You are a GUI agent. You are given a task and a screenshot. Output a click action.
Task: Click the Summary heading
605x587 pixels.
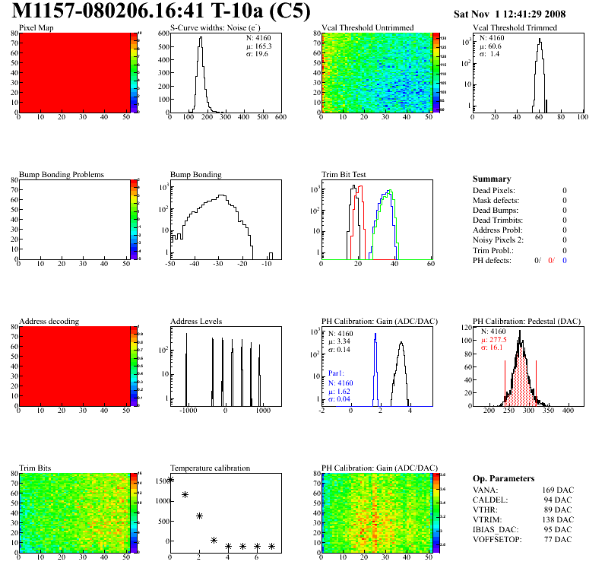coord(492,179)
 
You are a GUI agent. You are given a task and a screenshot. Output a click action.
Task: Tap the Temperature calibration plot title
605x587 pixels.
coord(210,468)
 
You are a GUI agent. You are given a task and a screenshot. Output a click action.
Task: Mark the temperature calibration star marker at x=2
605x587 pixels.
coord(199,516)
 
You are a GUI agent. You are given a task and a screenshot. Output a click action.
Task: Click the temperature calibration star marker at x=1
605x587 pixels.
coord(185,495)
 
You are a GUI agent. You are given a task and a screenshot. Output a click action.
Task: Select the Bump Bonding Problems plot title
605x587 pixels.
coord(62,174)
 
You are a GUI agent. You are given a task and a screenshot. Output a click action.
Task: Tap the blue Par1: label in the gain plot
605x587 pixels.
coord(337,374)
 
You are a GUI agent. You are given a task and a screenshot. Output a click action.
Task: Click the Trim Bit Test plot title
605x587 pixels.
coord(344,174)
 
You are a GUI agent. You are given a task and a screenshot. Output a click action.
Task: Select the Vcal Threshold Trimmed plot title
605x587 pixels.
coord(515,27)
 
